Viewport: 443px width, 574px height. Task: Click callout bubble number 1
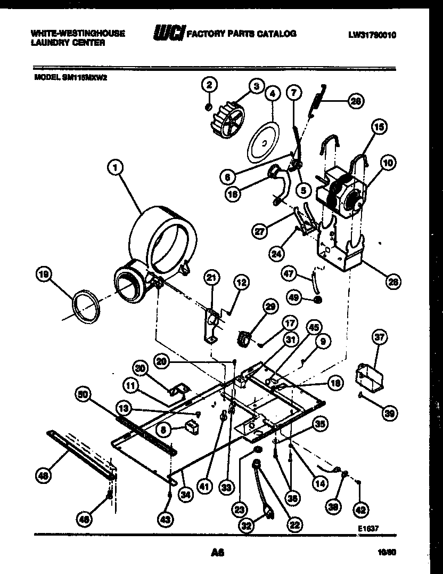pos(114,168)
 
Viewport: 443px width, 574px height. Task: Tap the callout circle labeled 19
pos(44,274)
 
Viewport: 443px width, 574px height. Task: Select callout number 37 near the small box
pos(380,337)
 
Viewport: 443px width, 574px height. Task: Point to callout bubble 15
pos(379,127)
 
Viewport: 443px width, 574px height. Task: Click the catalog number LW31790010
pos(373,35)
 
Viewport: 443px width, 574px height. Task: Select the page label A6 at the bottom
pos(217,553)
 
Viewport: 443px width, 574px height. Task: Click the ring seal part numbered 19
pos(86,308)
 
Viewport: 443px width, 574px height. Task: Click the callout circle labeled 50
pos(84,395)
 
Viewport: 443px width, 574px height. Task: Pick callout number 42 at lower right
pos(360,510)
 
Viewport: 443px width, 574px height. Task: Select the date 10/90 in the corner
pos(387,553)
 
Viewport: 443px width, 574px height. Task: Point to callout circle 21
pos(211,277)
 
